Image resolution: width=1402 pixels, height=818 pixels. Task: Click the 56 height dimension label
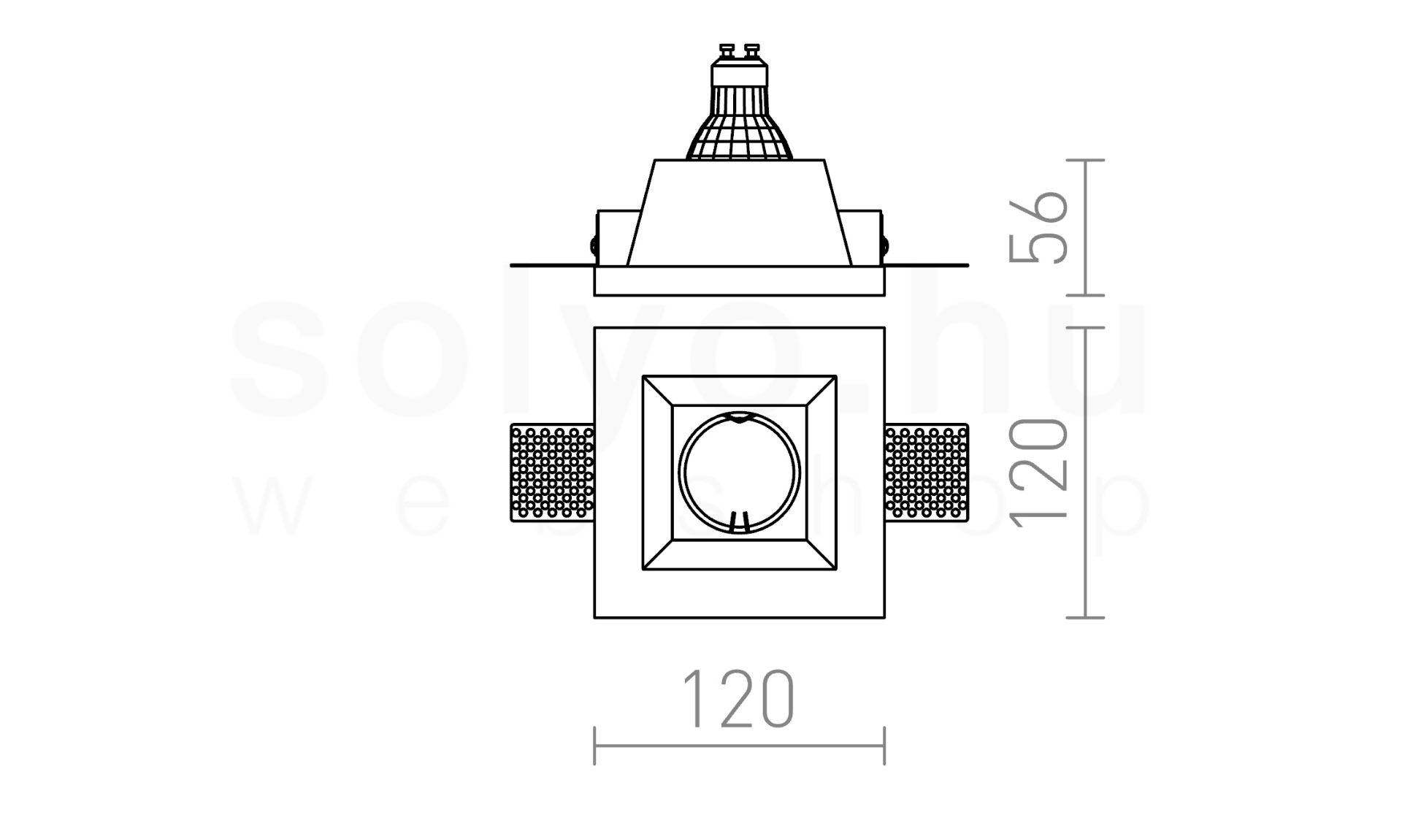coord(1038,226)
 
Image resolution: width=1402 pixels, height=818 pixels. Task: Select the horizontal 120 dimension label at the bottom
coord(739,699)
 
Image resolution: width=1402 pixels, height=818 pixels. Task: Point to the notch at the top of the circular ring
coord(739,418)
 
